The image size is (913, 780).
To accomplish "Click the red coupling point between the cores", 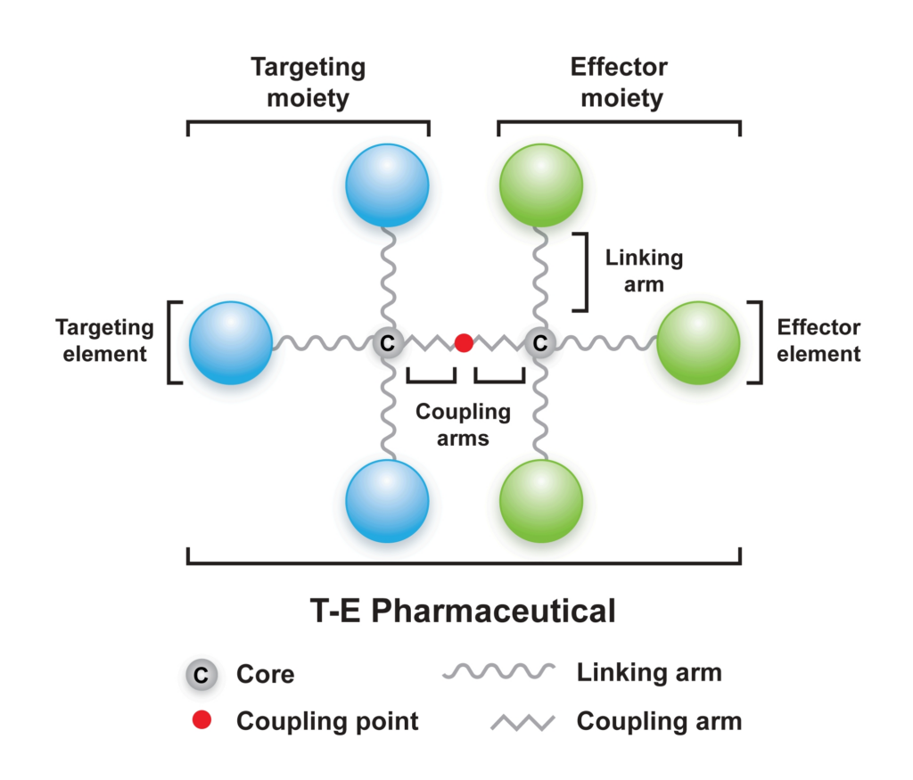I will point(464,342).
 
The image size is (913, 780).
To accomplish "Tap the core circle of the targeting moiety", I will point(387,342).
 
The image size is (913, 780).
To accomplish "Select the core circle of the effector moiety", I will point(540,342).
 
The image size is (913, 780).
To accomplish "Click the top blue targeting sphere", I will point(387,187).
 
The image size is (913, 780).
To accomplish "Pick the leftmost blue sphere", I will point(231,343).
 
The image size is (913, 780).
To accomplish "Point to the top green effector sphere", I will point(540,187).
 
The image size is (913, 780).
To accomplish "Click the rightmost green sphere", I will point(698,343).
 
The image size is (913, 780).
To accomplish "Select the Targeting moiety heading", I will point(308,82).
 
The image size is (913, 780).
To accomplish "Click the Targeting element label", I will point(105,341).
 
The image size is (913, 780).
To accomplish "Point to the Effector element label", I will point(818,341).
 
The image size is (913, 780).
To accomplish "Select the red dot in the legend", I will point(202,720).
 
